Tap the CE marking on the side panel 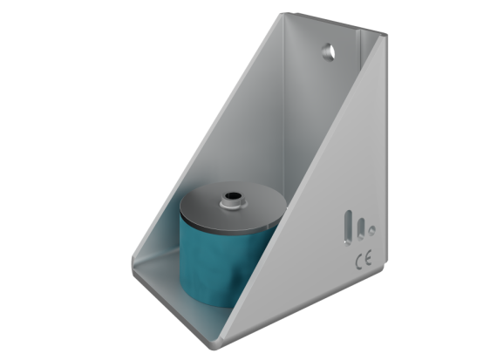[363, 259]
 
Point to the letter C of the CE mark [358, 259]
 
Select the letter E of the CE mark [367, 259]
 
